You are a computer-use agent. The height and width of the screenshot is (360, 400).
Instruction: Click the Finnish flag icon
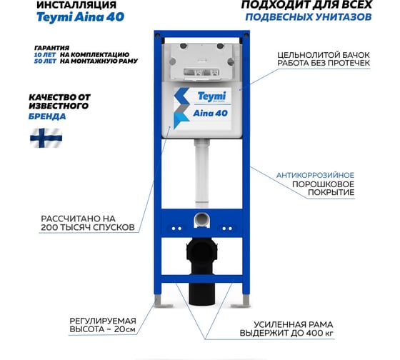46,137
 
